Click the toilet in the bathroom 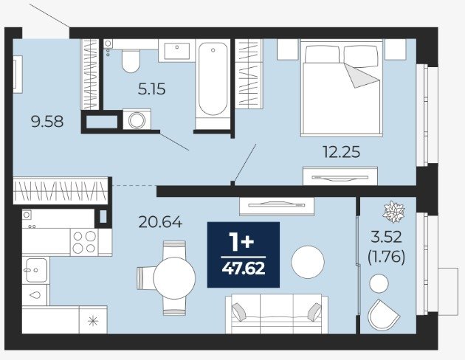pyautogui.click(x=131, y=60)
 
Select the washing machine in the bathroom pyautogui.click(x=137, y=120)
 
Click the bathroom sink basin pyautogui.click(x=177, y=51)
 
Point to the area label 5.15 pyautogui.click(x=151, y=89)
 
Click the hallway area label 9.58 pyautogui.click(x=47, y=122)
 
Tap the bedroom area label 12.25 pyautogui.click(x=341, y=152)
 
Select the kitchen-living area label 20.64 pyautogui.click(x=160, y=222)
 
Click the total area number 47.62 pyautogui.click(x=244, y=269)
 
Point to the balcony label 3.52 pyautogui.click(x=387, y=237)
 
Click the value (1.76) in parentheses pyautogui.click(x=387, y=257)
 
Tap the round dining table pyautogui.click(x=174, y=278)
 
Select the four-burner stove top pyautogui.click(x=85, y=242)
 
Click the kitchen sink pyautogui.click(x=36, y=270)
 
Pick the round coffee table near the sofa pyautogui.click(x=308, y=262)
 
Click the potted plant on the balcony pyautogui.click(x=393, y=212)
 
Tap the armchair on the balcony pyautogui.click(x=383, y=315)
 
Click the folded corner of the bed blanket pyautogui.click(x=361, y=75)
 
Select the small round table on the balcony pyautogui.click(x=379, y=283)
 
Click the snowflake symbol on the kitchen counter pyautogui.click(x=93, y=321)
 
